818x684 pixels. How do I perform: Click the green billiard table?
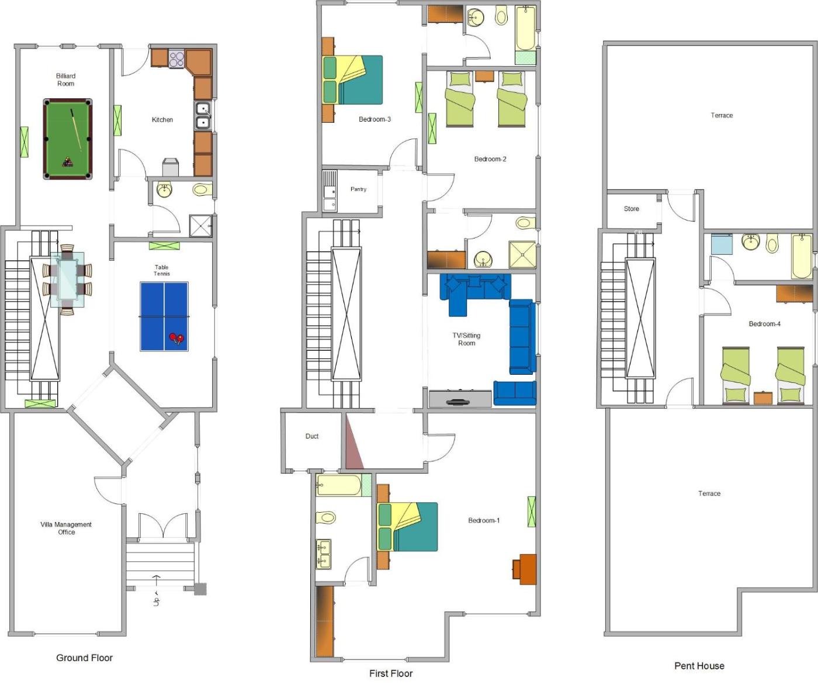[x=68, y=139]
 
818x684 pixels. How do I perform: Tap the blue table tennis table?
[x=164, y=316]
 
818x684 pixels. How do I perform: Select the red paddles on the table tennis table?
[x=176, y=338]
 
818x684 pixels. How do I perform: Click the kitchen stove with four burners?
[x=176, y=58]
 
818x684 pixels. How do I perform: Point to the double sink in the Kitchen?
[x=203, y=116]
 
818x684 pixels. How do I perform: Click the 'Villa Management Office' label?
[x=66, y=528]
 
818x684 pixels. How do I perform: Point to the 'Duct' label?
[x=312, y=436]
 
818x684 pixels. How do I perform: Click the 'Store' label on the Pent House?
[x=631, y=209]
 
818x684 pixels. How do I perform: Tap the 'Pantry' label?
[x=359, y=189]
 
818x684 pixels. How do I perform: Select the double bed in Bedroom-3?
[x=352, y=80]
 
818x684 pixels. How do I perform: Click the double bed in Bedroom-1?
[x=407, y=527]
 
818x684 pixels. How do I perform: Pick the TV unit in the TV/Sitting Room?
[x=460, y=399]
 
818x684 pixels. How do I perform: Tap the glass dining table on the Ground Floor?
[x=67, y=279]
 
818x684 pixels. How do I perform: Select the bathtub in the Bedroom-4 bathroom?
[x=801, y=256]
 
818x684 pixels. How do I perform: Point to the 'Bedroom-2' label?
[x=490, y=159]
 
